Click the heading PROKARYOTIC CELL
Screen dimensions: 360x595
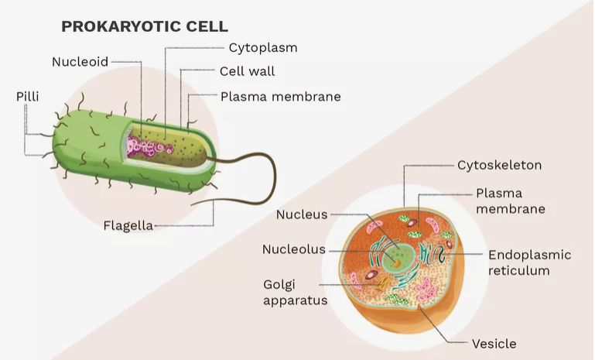point(145,26)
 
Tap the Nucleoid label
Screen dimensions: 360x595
point(80,61)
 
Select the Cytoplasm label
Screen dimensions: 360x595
point(262,47)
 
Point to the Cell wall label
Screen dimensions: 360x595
point(248,72)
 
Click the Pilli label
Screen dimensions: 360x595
point(27,97)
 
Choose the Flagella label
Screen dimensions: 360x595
point(128,226)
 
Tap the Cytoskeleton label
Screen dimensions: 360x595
point(499,165)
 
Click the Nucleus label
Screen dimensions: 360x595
point(302,214)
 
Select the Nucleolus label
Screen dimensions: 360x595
point(294,249)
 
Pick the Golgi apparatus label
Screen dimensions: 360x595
point(295,292)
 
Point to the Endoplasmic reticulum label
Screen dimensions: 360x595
point(529,262)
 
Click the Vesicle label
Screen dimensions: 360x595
point(494,343)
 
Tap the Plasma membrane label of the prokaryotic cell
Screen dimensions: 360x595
point(280,97)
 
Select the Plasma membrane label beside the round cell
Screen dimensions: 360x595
point(510,201)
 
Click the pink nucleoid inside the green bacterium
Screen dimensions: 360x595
point(151,146)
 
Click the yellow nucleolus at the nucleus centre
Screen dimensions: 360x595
point(397,261)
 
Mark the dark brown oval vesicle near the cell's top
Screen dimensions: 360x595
point(415,231)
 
